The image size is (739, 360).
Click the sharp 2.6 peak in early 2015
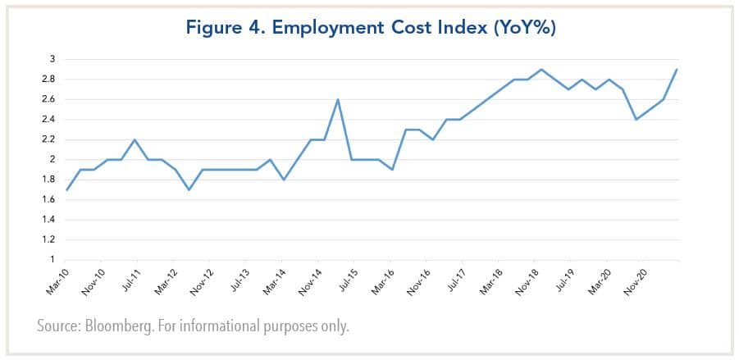coord(338,99)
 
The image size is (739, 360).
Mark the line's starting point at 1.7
coord(67,189)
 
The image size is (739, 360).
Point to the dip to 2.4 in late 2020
coord(635,120)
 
